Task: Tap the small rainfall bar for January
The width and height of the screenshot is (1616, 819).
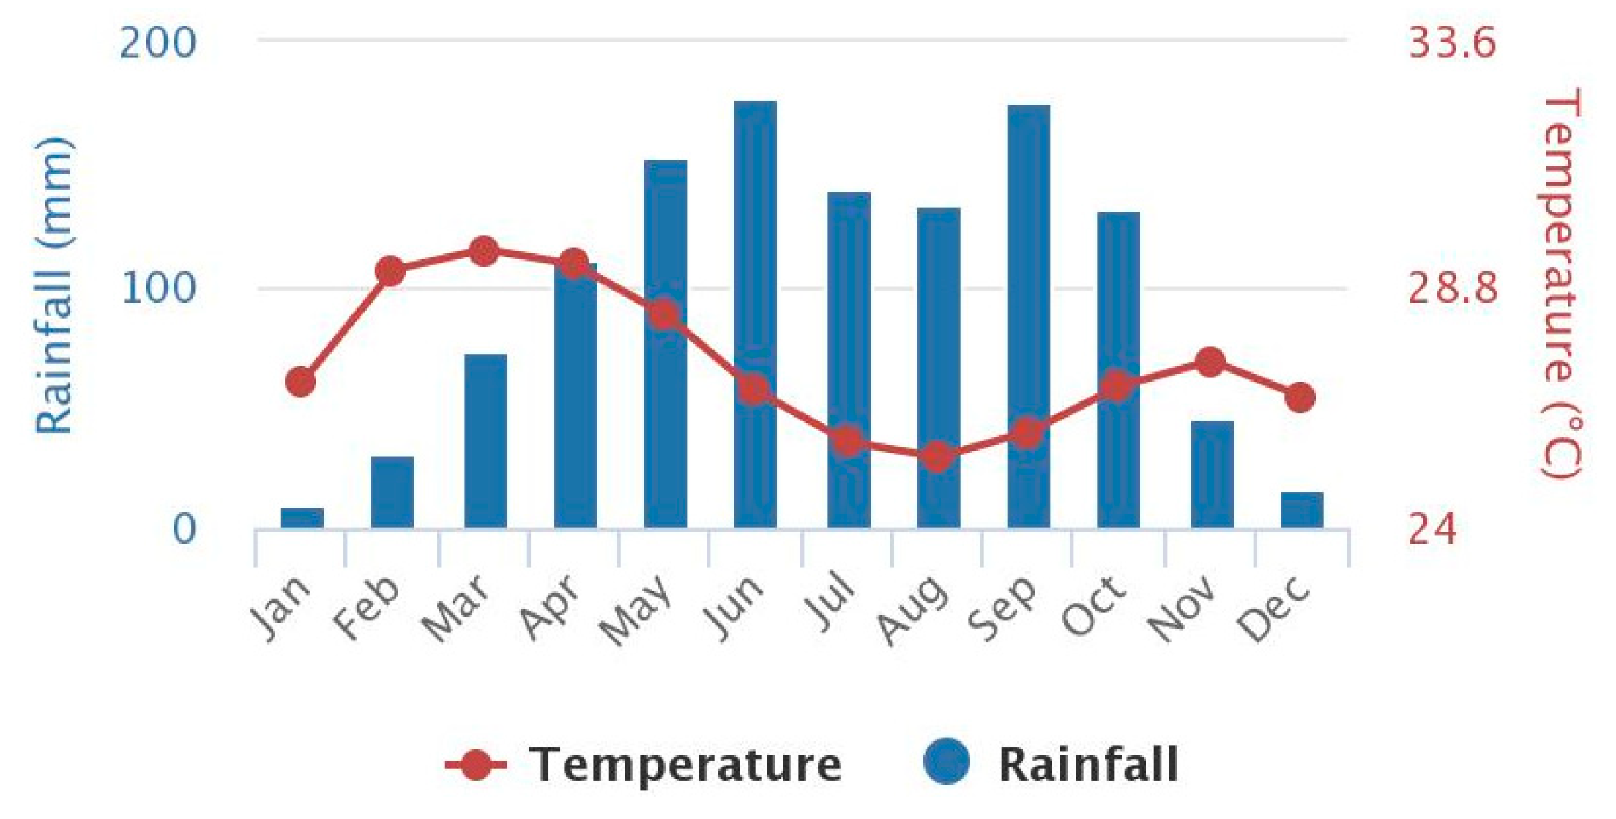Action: click(x=302, y=518)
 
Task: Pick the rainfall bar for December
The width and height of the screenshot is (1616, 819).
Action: click(x=1301, y=511)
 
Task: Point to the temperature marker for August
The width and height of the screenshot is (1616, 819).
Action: click(x=937, y=457)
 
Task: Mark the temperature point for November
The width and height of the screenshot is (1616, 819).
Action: click(x=1210, y=362)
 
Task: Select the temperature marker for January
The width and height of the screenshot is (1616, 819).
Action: click(x=301, y=382)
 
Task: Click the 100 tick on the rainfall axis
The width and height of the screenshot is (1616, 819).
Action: click(x=159, y=288)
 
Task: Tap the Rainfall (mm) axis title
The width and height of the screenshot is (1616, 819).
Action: click(x=55, y=286)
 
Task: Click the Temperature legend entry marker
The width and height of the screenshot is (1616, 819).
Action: click(x=476, y=765)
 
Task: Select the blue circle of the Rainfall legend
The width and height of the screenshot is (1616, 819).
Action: click(x=946, y=762)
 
